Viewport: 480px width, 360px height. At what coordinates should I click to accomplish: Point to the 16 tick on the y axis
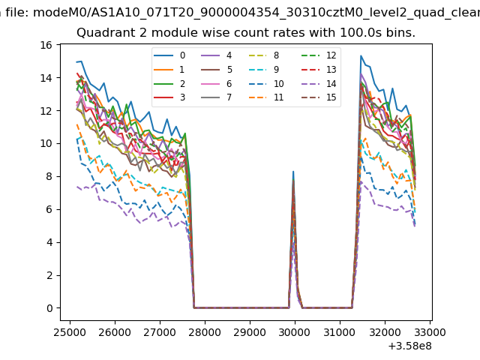(45, 45)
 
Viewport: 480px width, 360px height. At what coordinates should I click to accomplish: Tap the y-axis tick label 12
(45, 111)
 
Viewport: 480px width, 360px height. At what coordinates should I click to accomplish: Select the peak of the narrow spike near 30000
(293, 172)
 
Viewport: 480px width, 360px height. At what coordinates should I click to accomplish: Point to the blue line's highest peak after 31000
(361, 55)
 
